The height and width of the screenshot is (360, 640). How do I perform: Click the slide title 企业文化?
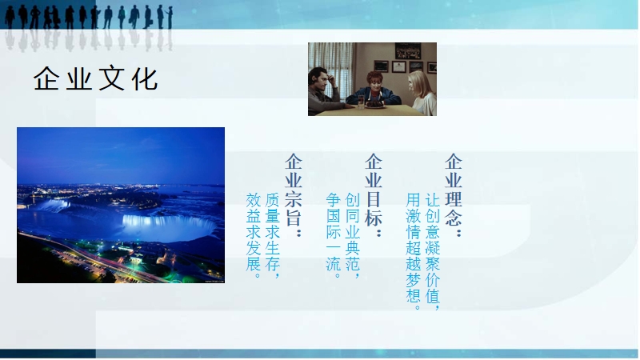click(x=95, y=79)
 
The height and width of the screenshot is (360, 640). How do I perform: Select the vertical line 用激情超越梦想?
click(x=414, y=249)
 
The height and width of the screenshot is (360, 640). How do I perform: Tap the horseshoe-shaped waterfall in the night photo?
click(x=168, y=226)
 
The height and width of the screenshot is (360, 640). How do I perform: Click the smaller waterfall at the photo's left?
click(x=53, y=205)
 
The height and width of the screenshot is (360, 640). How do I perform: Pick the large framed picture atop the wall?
click(x=408, y=51)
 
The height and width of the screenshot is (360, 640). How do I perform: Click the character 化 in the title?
click(x=146, y=79)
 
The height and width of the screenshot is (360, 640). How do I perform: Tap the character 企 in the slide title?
click(x=46, y=79)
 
